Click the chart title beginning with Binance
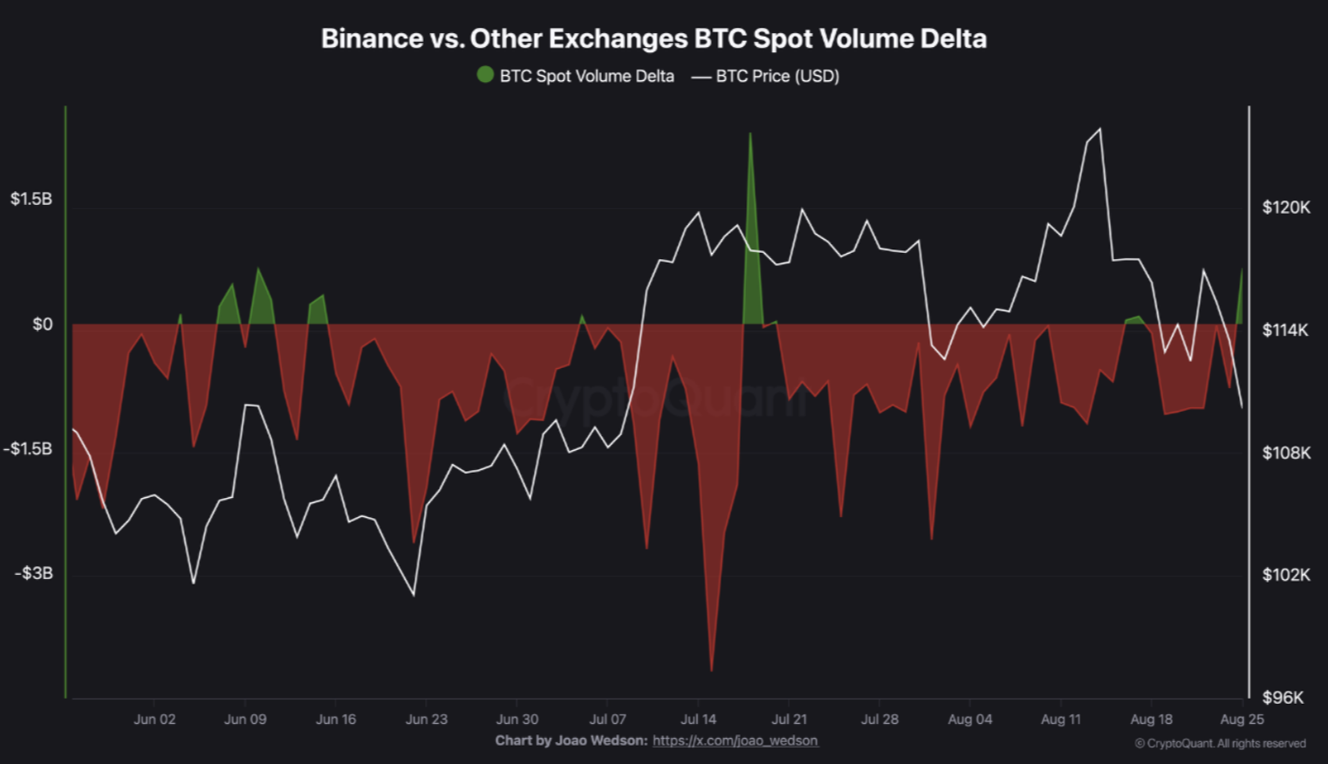(654, 38)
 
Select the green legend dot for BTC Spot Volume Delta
(485, 75)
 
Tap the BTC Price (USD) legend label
(777, 76)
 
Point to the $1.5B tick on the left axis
(31, 199)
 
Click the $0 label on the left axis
(42, 324)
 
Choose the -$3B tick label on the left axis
(33, 573)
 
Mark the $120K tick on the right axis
(1286, 208)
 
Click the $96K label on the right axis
(1283, 697)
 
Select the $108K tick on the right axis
(1286, 453)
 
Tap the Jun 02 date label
(154, 720)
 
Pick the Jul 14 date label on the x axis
(698, 720)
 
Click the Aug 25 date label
(1242, 720)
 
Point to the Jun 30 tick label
(517, 720)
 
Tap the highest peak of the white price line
(1099, 130)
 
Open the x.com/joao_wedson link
(735, 740)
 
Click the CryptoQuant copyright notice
(1220, 743)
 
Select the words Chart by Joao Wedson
(571, 740)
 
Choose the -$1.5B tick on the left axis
(28, 449)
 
